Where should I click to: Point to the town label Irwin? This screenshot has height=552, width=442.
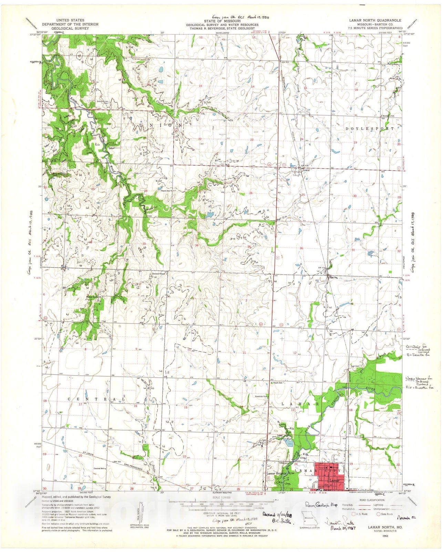pyautogui.click(x=306, y=170)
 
